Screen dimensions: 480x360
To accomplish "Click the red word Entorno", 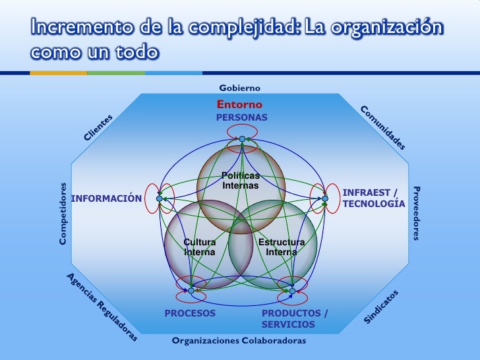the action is pos(239,104).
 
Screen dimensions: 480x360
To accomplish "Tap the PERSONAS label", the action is pos(242,117).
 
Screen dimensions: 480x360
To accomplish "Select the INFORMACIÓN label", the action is pos(107,198).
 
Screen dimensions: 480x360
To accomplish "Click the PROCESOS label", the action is pos(190,313).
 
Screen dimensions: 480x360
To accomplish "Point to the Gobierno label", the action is pos(240,88).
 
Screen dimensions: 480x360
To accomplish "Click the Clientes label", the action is pos(98,127).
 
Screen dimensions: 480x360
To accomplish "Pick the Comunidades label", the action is pos(382,128).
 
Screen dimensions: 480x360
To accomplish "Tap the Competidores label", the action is pos(63,214).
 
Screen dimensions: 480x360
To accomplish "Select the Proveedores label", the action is pos(417,213).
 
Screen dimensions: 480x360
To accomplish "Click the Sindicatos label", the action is pos(381,307).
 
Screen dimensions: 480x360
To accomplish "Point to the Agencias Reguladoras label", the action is pos(102,307).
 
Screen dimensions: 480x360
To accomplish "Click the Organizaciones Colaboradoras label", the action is pos(239,340).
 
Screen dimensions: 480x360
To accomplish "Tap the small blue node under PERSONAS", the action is pos(242,139).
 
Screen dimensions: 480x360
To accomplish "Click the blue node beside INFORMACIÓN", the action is pos(159,198).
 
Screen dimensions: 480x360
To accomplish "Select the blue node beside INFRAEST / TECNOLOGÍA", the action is pos(325,198).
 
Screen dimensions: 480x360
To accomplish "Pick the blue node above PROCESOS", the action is pos(191,291).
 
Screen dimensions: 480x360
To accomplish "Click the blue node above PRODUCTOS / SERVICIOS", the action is pos(292,291).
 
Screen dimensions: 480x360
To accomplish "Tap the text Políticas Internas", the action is pos(241,181).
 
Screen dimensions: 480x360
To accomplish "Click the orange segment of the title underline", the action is pos(59,73).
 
